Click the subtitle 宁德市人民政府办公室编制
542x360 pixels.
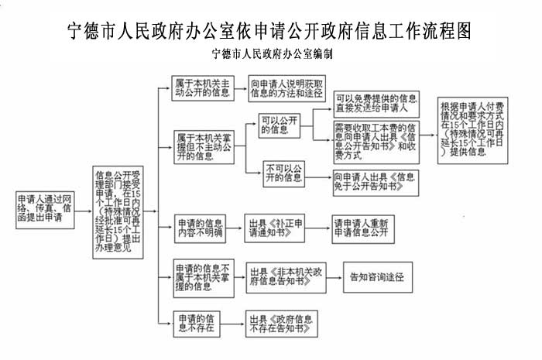click(270, 56)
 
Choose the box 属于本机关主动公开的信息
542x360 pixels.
click(202, 88)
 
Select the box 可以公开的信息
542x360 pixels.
click(279, 124)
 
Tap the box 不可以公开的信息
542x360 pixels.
click(283, 173)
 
